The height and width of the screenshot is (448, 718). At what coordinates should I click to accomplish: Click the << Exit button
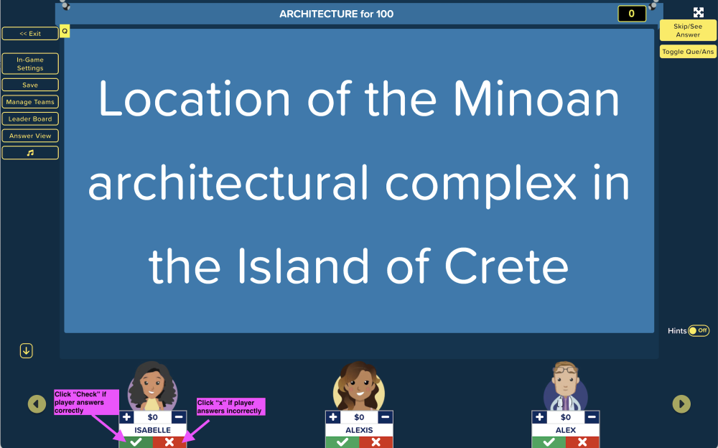click(x=30, y=34)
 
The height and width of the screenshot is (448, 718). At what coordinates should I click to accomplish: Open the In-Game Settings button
click(x=30, y=64)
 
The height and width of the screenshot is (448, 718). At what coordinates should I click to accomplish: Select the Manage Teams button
click(x=30, y=102)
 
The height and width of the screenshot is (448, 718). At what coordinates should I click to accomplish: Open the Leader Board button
click(x=30, y=118)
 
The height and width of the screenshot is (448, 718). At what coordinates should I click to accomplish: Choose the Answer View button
click(x=30, y=136)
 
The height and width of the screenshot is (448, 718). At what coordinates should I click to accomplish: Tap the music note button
click(x=30, y=152)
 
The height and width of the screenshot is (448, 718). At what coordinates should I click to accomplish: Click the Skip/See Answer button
click(x=688, y=30)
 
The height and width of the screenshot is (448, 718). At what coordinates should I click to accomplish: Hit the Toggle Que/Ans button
click(x=688, y=51)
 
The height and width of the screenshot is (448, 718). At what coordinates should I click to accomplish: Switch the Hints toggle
click(x=699, y=330)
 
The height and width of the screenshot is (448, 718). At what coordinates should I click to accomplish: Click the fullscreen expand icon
click(x=699, y=12)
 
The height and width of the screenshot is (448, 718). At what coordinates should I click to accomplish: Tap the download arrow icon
click(x=26, y=351)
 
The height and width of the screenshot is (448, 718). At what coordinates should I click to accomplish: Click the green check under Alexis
click(x=342, y=442)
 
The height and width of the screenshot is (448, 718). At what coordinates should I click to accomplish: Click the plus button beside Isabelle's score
click(x=127, y=417)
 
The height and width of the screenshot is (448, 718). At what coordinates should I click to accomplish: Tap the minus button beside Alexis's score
click(x=385, y=417)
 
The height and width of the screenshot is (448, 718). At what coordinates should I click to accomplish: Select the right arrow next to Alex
click(x=681, y=404)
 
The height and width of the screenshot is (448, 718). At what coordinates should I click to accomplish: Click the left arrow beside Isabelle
click(x=37, y=404)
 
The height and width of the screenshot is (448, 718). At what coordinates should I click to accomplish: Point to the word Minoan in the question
click(x=536, y=99)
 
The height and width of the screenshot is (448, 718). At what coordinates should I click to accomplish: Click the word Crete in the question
click(x=506, y=266)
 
